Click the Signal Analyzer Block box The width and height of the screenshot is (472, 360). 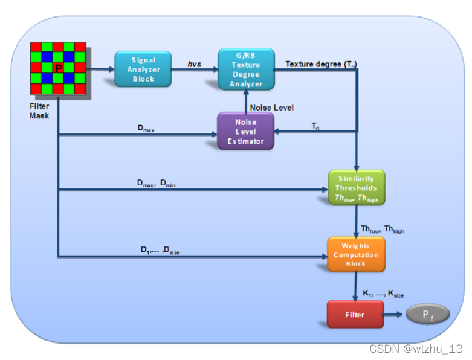point(143,69)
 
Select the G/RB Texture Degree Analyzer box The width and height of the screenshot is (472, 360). point(246,69)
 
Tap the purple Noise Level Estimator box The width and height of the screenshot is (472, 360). point(245,131)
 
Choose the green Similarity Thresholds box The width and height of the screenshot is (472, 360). point(357,188)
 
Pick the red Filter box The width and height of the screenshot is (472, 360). point(355,315)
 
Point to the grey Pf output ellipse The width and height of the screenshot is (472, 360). point(427,315)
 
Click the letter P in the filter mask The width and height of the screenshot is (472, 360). point(58,68)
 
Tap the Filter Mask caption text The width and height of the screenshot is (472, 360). point(40,111)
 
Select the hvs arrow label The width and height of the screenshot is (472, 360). point(194,63)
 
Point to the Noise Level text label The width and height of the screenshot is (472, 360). point(271,108)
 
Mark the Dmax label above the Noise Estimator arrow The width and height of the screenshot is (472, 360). point(147,129)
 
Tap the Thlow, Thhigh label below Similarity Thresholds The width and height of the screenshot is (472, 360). point(383,230)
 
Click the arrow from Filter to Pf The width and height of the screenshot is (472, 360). point(394,315)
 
